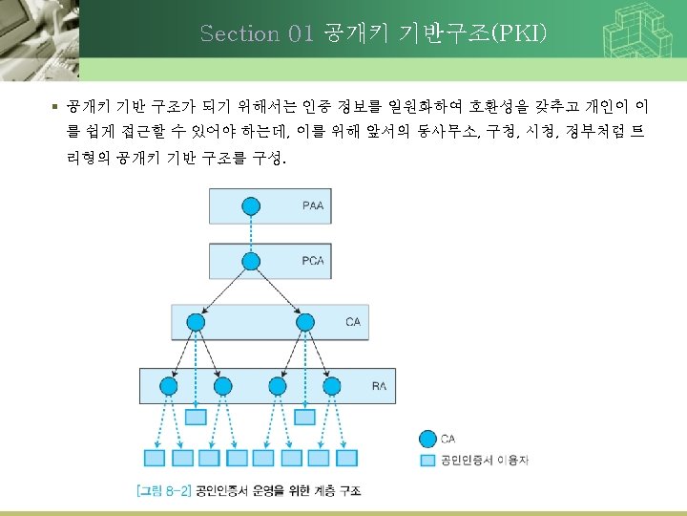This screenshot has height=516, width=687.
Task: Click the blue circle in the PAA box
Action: [x=251, y=205]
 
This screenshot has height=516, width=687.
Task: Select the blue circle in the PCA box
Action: [x=251, y=261]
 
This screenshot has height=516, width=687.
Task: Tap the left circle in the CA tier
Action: [x=196, y=322]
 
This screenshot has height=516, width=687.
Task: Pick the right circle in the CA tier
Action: [x=304, y=322]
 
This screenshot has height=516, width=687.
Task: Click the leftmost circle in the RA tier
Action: [x=169, y=386]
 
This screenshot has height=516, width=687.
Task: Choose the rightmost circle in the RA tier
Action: [x=332, y=386]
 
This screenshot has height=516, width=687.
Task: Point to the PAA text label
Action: [x=313, y=205]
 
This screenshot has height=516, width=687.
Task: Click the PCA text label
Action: [x=313, y=261]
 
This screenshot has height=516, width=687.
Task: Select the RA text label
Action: [x=379, y=386]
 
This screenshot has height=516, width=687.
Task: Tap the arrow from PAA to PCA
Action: [x=251, y=233]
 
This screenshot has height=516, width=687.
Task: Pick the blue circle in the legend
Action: [x=428, y=440]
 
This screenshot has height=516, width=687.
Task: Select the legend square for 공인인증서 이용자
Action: [x=428, y=461]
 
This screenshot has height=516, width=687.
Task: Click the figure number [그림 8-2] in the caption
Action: [x=162, y=490]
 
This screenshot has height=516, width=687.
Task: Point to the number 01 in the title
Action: [x=300, y=34]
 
